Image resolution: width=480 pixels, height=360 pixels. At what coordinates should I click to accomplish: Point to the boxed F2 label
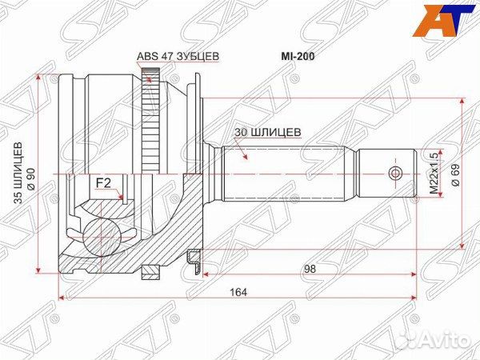coord(103,183)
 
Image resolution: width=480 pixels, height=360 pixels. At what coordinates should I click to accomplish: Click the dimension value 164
coord(236,291)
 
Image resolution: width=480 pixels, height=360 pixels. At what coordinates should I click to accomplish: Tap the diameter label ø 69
coord(455,173)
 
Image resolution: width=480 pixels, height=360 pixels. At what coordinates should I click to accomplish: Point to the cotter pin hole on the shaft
coord(392,174)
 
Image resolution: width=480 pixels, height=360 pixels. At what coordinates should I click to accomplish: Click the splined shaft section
coord(288,174)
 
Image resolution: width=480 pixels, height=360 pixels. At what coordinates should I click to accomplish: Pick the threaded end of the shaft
coord(384,174)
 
